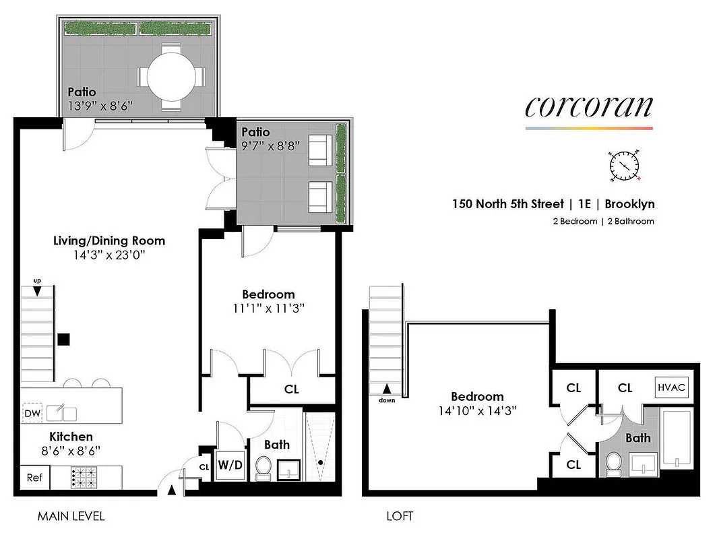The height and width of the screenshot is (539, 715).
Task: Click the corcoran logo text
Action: pos(588,107)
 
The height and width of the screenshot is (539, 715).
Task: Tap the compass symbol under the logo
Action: pos(625,165)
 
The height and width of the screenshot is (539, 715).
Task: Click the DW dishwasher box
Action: pos(31,413)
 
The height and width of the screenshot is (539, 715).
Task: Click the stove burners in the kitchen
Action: pos(86,478)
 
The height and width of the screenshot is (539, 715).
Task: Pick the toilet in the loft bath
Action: pos(613,464)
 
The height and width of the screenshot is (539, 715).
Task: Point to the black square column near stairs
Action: pos(63,339)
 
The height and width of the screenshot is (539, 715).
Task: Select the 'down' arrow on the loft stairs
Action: pos(386,389)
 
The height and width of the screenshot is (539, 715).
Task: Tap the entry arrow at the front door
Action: pos(171,490)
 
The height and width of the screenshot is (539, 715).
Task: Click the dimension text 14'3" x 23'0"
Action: pos(109,255)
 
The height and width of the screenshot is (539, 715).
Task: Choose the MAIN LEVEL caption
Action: pos(71,517)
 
